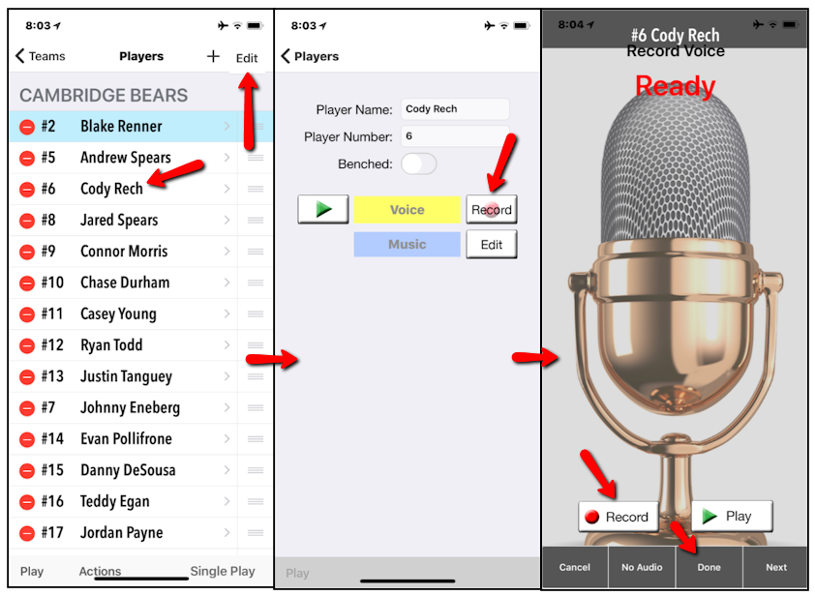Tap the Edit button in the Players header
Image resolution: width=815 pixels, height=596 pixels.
tap(247, 58)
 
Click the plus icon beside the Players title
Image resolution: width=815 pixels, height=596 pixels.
tap(213, 57)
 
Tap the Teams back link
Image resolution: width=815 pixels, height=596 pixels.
tap(41, 56)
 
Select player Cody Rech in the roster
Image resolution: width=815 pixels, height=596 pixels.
tap(111, 189)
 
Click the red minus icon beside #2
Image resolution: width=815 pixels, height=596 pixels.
tap(27, 127)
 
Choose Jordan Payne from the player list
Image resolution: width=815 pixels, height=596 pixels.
tap(121, 532)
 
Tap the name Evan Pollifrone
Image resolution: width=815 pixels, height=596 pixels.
tap(126, 438)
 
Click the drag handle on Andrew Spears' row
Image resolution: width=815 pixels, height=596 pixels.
tap(256, 158)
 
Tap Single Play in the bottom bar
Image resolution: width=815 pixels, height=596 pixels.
tap(223, 571)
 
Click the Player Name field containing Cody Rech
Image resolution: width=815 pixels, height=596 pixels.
tap(455, 109)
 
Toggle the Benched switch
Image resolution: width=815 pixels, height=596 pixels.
tap(419, 164)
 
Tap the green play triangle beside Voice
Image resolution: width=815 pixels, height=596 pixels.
tap(323, 209)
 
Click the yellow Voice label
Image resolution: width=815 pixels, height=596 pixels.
tap(407, 210)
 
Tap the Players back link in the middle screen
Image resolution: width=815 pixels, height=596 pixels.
tap(310, 56)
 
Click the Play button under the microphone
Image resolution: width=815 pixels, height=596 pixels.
tap(732, 516)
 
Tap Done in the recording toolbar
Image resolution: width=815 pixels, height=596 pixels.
tap(709, 567)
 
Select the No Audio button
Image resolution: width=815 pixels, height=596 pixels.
tap(642, 567)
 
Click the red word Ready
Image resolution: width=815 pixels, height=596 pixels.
tap(675, 86)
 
